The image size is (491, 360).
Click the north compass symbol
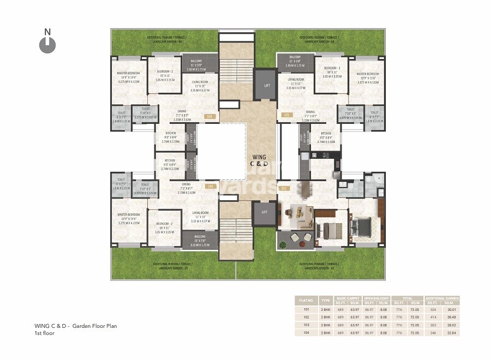point(47,44)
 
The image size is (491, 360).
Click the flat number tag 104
point(208,116)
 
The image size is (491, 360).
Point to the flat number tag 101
point(286,116)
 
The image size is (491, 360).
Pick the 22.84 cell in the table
point(451,332)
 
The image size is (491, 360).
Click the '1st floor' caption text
point(44,333)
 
